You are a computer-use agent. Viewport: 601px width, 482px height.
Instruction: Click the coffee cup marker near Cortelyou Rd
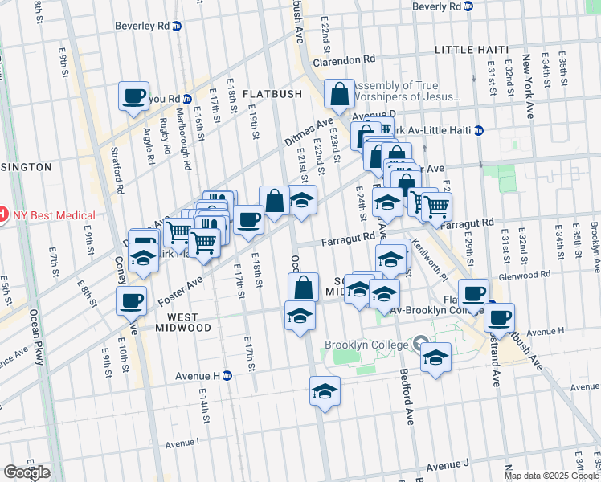tap(133, 96)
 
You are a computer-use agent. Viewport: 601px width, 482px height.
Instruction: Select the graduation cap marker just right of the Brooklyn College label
tap(435, 357)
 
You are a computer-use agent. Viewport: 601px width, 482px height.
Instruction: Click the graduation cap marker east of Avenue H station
tap(325, 391)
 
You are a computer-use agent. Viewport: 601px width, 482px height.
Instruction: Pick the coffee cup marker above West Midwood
tap(131, 301)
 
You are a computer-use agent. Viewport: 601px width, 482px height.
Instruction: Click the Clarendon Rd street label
tap(345, 59)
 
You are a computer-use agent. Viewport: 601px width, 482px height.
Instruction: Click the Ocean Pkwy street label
tap(36, 337)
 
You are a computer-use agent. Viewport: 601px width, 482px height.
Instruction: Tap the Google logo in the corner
tap(27, 472)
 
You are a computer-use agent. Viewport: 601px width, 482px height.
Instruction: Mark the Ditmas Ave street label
tap(309, 132)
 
